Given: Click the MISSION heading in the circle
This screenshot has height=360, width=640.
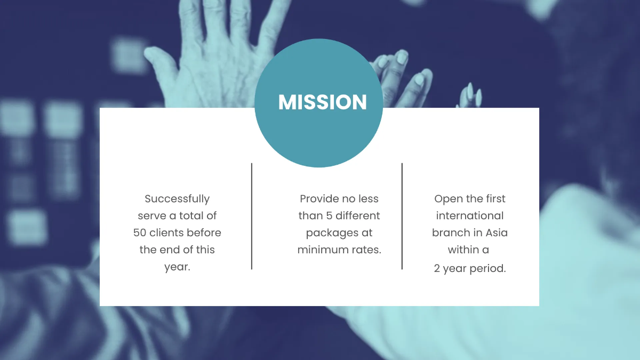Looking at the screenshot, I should (322, 102).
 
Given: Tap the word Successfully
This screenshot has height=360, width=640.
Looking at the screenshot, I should (177, 199).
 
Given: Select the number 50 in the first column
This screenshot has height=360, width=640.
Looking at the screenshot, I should (140, 233).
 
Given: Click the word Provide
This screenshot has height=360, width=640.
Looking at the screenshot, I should (319, 199).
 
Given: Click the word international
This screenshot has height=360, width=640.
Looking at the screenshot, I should (470, 216).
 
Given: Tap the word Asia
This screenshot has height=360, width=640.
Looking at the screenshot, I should (497, 233).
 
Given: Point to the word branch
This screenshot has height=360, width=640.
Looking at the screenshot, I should (451, 233).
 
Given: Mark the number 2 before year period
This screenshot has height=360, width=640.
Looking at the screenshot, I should (437, 269).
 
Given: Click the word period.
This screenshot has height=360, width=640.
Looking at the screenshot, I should (489, 269).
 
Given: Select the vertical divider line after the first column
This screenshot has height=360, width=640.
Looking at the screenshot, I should (252, 216).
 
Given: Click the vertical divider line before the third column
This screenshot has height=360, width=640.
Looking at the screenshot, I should (402, 216).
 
